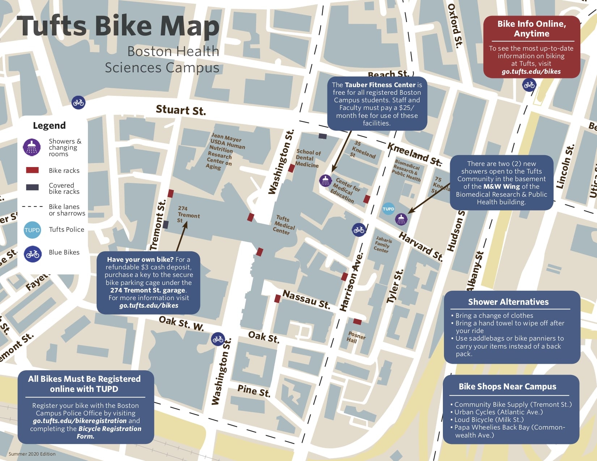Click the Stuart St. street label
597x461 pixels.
[181, 110]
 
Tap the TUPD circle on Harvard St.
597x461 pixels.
[388, 209]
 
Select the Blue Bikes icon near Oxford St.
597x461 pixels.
[529, 85]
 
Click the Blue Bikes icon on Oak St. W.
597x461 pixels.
[218, 339]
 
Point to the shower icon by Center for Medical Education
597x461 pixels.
[325, 180]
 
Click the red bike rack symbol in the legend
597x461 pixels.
[32, 170]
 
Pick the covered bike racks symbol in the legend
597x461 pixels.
[32, 187]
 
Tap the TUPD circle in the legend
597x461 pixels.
[32, 230]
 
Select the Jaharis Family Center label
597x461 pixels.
[382, 244]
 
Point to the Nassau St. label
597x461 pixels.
[306, 299]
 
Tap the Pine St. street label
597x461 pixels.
[254, 390]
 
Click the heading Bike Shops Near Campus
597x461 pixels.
[507, 387]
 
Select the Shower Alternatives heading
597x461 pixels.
[508, 302]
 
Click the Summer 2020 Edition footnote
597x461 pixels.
[32, 454]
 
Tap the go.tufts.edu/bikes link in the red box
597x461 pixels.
[531, 72]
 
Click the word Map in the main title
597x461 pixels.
[190, 26]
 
